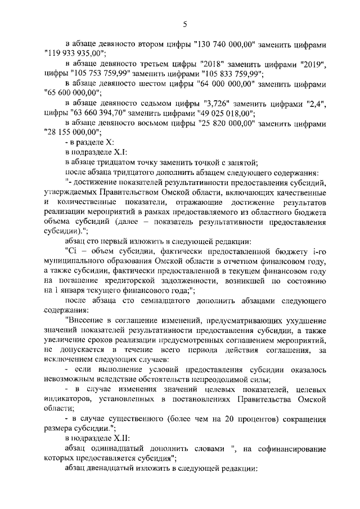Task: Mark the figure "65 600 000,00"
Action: (70, 93)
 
